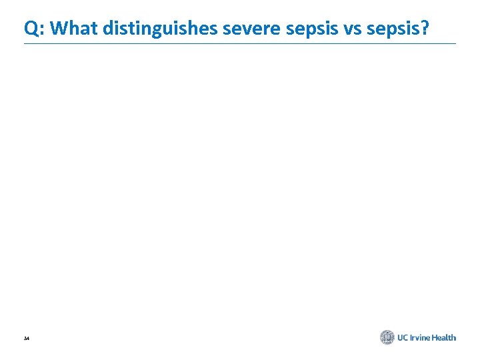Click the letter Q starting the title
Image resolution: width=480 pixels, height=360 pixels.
[x=31, y=29]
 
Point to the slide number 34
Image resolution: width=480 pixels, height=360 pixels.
[x=26, y=339]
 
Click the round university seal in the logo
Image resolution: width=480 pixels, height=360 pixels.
[x=387, y=337]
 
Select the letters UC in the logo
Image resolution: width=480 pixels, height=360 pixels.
[x=404, y=337]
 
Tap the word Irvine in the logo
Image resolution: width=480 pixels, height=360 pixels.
[x=423, y=337]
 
